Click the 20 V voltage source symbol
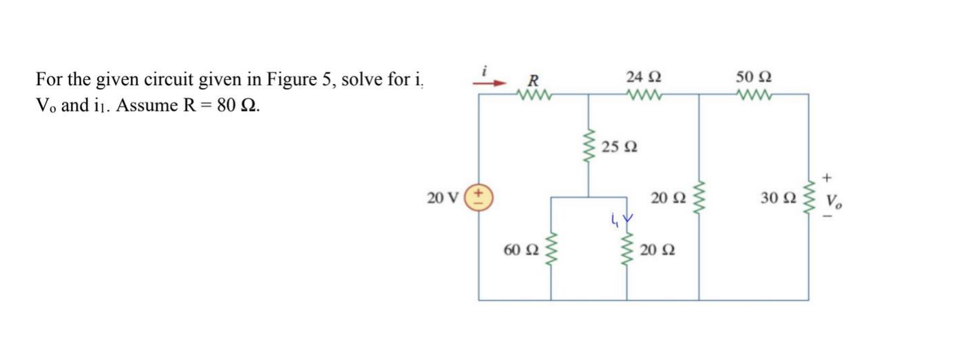coord(479,198)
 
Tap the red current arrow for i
coord(492,82)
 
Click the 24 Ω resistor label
coord(644,76)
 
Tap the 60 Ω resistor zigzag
coord(551,250)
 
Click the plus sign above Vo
coord(827,178)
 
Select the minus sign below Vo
coord(827,217)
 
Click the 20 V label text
coord(441,199)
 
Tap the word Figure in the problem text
coord(292,80)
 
